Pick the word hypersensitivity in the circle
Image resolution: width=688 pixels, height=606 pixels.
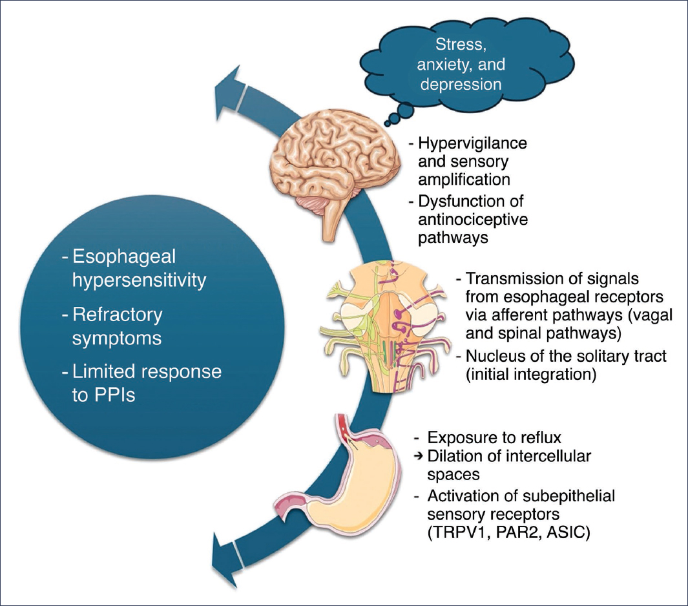coord(138,280)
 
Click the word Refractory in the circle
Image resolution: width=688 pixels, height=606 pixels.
coord(117,315)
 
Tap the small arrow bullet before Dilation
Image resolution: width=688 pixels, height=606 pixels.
coord(418,456)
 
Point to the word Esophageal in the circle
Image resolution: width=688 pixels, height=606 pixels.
coord(125,256)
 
